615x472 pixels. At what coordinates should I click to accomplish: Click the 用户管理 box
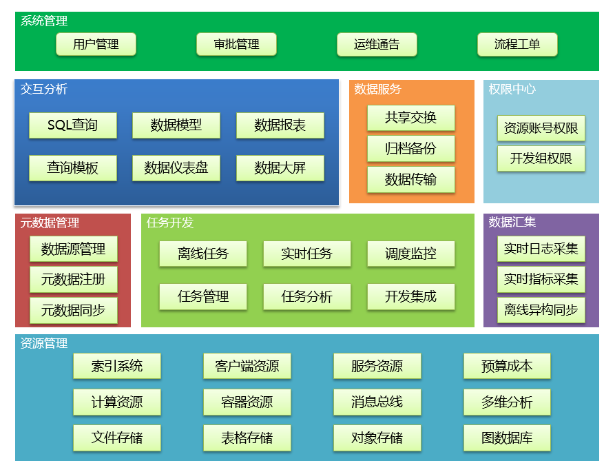coord(96,45)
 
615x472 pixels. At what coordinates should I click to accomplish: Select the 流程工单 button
coord(517,45)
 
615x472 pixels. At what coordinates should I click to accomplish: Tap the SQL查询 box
coord(72,125)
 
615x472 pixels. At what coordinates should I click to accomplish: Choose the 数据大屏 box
coord(280,168)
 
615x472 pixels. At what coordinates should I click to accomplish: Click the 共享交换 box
coord(410,118)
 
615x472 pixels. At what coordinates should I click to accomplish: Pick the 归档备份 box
coord(410,149)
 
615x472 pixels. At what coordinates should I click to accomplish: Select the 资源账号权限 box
coord(541,128)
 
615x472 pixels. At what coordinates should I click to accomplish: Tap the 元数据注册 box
coord(73,280)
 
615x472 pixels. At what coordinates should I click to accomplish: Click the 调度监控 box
coord(410,254)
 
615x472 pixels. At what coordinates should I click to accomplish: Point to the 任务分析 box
coord(306,297)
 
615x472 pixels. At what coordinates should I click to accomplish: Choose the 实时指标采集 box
coord(541,279)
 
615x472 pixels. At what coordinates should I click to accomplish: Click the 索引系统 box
coord(116,366)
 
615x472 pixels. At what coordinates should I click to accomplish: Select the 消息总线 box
coord(377,402)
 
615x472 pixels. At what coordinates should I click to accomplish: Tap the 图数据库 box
coord(507,438)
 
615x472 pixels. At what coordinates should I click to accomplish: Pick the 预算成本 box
coord(507,366)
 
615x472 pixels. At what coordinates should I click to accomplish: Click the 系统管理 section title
coord(44,21)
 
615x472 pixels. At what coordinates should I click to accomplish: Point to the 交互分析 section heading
coord(44,89)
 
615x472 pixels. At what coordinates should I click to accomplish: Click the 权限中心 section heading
coord(512,89)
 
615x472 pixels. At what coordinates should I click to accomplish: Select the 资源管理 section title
coord(44,343)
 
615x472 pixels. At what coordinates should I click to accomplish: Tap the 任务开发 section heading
coord(170,223)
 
